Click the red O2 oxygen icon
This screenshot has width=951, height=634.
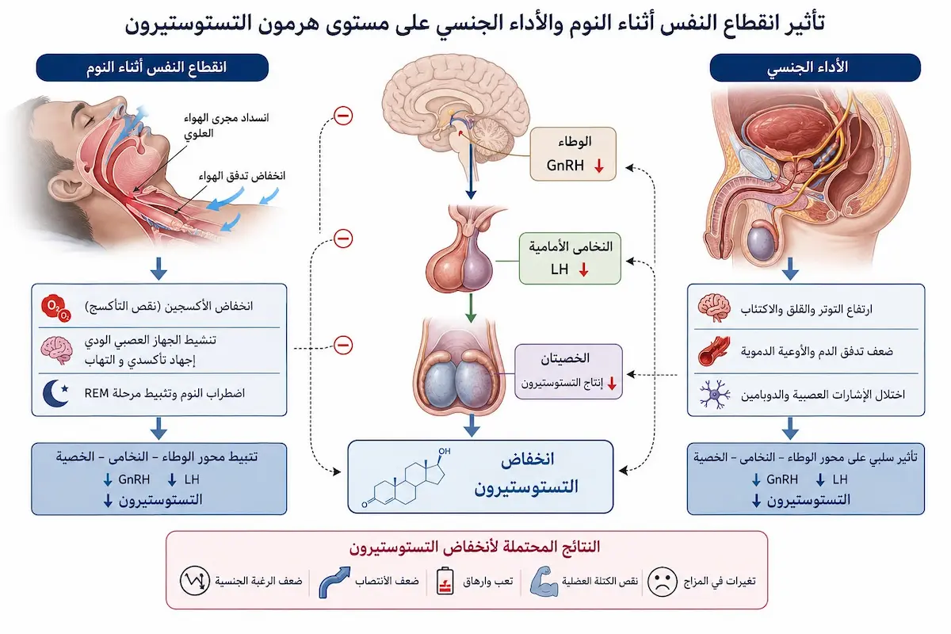point(56,307)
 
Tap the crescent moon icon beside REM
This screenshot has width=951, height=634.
point(55,393)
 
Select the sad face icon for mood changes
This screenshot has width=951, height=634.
point(662,582)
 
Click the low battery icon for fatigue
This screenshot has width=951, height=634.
point(445,581)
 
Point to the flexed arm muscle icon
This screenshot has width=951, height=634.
point(544,582)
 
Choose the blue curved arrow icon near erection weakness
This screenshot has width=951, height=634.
point(334,582)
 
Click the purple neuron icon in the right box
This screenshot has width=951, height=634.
point(715,395)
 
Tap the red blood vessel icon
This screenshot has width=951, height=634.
point(714,351)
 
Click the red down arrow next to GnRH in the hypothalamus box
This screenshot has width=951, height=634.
point(599,166)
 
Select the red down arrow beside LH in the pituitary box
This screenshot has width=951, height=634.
point(584,269)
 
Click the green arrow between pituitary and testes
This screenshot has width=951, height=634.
point(470,307)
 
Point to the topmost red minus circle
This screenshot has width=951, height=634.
point(343,116)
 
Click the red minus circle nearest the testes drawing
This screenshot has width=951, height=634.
point(343,345)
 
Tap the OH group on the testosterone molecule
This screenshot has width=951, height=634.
point(444,451)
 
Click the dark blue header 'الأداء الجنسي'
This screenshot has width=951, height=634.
point(815,67)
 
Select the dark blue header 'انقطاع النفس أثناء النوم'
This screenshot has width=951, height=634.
point(152,67)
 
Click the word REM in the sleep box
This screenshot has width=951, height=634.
point(97,393)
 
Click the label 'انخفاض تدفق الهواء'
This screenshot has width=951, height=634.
point(242,175)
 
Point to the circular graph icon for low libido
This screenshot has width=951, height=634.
point(194,580)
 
